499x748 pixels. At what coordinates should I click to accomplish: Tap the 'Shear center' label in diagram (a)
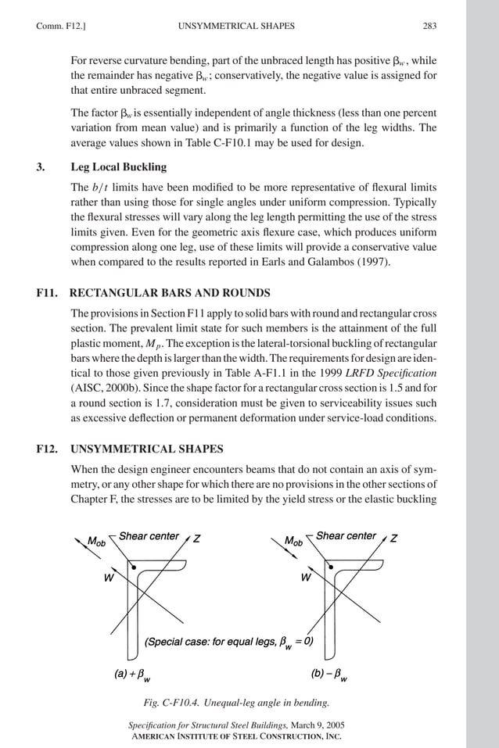point(149,536)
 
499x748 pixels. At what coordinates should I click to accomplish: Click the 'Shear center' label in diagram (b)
point(346,536)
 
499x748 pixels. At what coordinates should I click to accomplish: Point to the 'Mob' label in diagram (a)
point(97,541)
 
